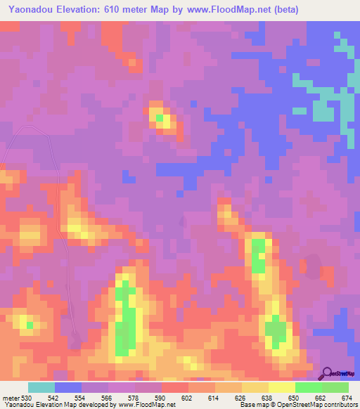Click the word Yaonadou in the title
(35, 10)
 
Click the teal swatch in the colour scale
(41, 388)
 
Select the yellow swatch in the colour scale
(281, 388)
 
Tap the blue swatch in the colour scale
(68, 388)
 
